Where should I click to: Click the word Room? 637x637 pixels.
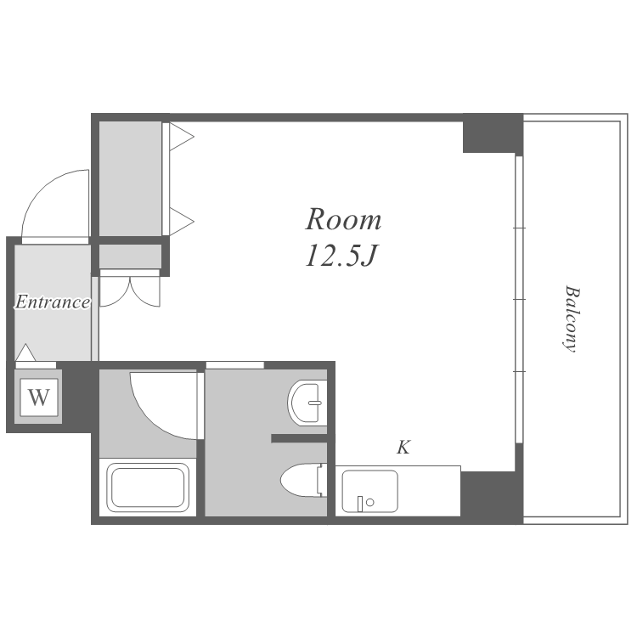point(343,219)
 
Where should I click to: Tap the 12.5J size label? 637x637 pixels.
point(341,256)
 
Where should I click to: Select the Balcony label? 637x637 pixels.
point(572,318)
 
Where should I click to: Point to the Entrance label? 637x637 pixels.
point(53,302)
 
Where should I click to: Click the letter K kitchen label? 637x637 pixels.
point(403,448)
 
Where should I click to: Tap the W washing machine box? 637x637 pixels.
point(38,397)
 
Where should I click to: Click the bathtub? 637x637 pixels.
point(148,488)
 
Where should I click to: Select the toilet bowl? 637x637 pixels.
point(303,480)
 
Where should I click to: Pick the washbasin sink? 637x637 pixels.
point(307,403)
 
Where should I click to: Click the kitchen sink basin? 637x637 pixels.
point(369,491)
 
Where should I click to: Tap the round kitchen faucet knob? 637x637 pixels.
point(369,503)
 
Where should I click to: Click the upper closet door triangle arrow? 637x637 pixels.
point(181,137)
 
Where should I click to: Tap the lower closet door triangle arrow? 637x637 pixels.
point(181,222)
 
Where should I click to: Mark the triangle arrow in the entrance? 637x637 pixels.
point(25,352)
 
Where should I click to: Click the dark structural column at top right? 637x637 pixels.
point(493,133)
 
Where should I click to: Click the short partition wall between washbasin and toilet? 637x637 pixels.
point(299,438)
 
